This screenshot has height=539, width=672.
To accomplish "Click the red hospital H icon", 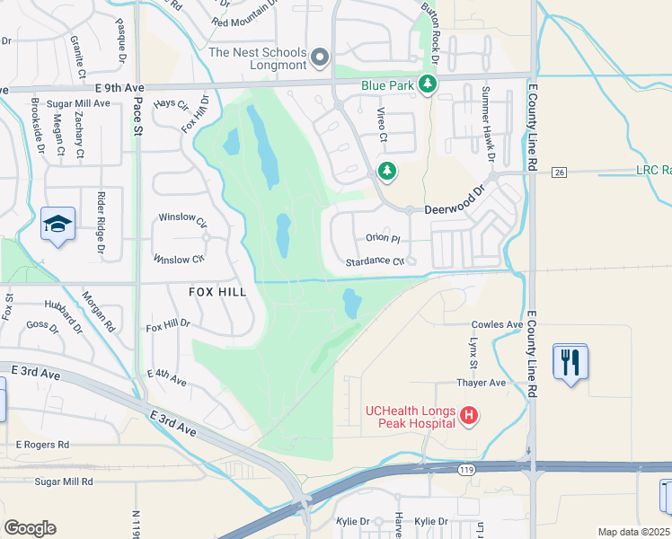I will [x=467, y=415].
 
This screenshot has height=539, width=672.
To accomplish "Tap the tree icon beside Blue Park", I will [x=429, y=84].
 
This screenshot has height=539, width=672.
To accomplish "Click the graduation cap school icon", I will [x=57, y=224].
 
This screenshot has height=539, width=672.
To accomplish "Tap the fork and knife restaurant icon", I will [x=570, y=361].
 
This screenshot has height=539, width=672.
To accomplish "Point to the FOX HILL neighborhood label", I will [x=217, y=292].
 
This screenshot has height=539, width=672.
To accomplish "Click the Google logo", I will [x=30, y=528].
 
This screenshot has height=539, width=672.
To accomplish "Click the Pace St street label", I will [x=138, y=118].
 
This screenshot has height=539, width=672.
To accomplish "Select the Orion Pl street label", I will [x=382, y=238].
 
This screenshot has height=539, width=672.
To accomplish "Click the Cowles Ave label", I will [x=497, y=324].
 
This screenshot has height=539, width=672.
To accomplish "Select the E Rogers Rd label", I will [x=42, y=444].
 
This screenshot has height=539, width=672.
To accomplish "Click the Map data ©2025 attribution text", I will [x=634, y=532].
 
